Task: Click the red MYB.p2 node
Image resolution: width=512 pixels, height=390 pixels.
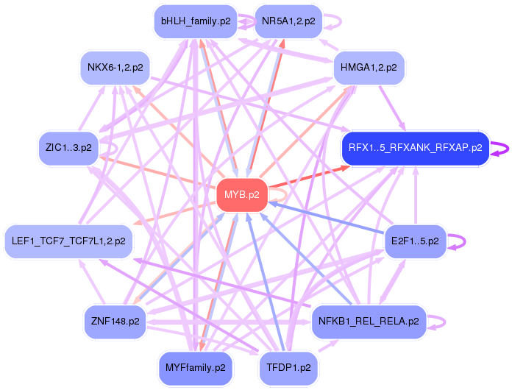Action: click(x=242, y=195)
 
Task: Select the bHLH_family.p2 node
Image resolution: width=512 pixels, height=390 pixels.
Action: click(x=196, y=21)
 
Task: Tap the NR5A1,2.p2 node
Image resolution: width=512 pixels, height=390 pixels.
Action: click(x=288, y=21)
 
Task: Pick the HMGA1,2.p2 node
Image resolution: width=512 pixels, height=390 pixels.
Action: click(x=369, y=68)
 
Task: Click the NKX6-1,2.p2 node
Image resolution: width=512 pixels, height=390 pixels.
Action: click(x=115, y=68)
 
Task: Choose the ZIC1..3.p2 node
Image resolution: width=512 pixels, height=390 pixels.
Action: click(x=68, y=148)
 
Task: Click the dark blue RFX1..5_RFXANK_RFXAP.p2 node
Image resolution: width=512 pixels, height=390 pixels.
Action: click(x=416, y=148)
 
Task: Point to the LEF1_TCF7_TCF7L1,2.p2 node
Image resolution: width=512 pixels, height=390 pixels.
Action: click(x=68, y=241)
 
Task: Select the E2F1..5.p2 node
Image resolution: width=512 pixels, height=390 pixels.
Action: click(x=416, y=241)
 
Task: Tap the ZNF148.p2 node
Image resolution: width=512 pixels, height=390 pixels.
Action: click(x=115, y=322)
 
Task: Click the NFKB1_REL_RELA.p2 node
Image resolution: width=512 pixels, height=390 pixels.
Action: click(x=369, y=322)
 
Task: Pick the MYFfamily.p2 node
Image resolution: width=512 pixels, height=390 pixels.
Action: click(x=196, y=368)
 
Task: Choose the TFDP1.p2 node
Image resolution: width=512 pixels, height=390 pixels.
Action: click(x=288, y=368)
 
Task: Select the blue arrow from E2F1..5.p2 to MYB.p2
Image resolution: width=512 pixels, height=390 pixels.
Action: click(x=327, y=219)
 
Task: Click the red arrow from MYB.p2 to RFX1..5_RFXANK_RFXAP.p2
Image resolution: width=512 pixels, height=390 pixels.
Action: click(x=309, y=177)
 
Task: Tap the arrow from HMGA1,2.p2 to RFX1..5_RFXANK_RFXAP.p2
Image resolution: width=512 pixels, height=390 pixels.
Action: click(x=392, y=108)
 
